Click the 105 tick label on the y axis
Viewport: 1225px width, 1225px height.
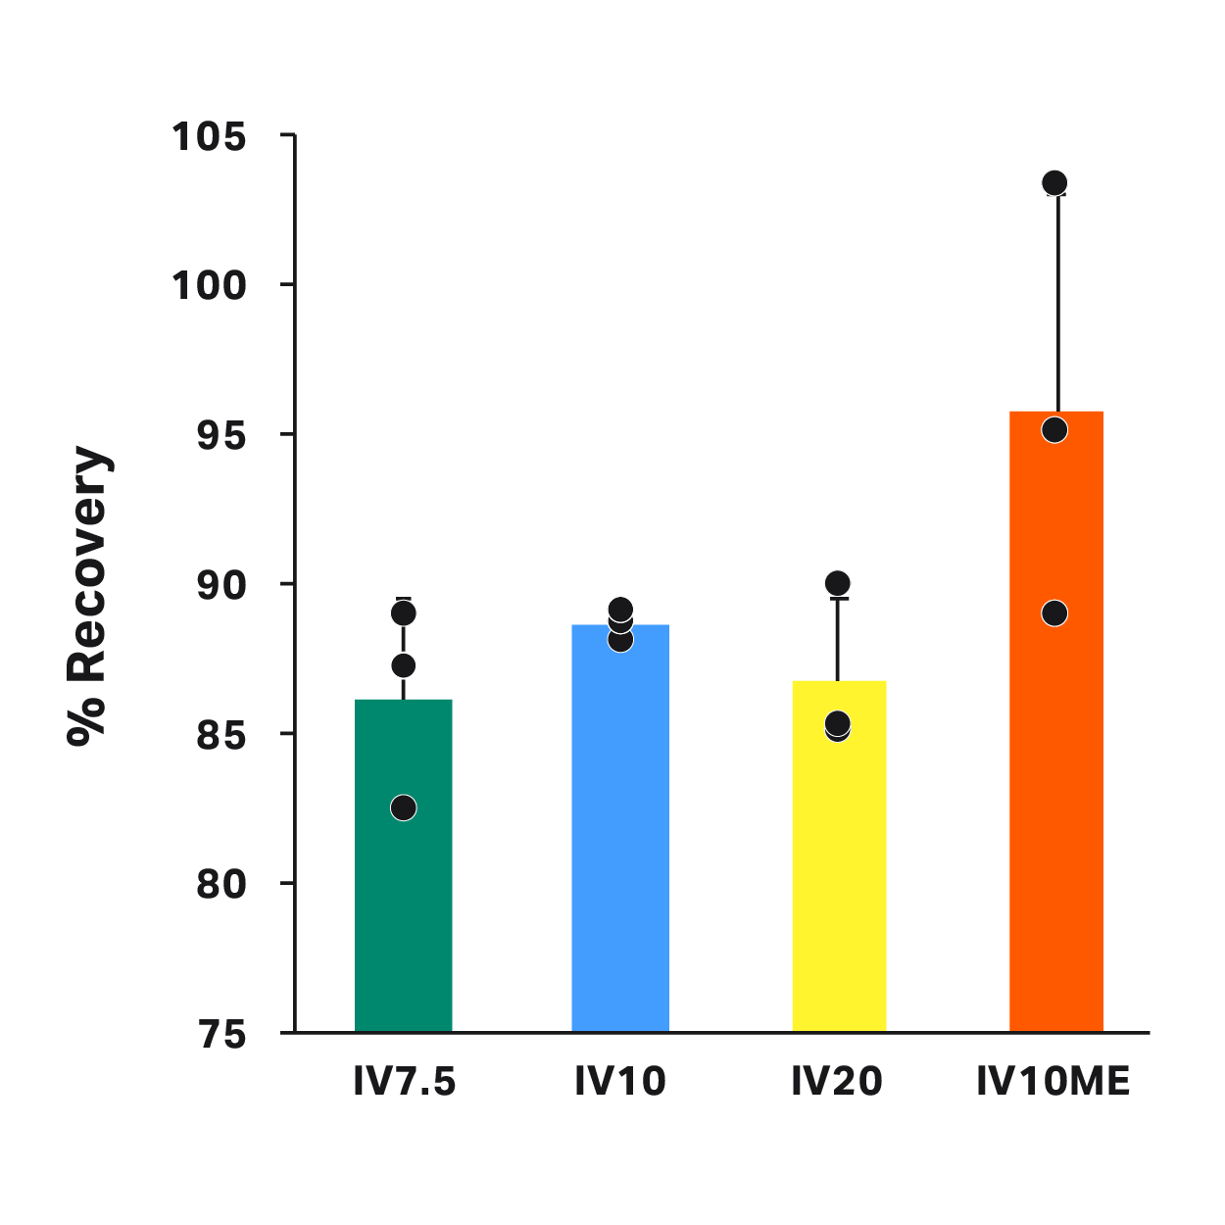[x=209, y=137]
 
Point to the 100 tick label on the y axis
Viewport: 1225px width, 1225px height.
[x=209, y=286]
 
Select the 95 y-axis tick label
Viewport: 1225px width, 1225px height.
[x=220, y=436]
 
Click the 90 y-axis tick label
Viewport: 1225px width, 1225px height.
[x=220, y=586]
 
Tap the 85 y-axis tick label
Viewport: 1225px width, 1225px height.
[x=220, y=735]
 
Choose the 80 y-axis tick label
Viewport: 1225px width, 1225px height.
[x=220, y=885]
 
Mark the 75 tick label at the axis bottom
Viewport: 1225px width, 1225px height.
[x=220, y=1034]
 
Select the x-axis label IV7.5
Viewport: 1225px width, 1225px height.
[x=405, y=1082]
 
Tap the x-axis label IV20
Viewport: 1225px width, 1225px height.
[x=837, y=1082]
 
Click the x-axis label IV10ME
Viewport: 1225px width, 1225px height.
[x=1053, y=1082]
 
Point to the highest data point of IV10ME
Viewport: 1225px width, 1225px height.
[x=1054, y=183]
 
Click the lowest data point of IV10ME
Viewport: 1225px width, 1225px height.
[x=1054, y=613]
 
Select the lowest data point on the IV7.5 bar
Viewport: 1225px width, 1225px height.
[x=404, y=808]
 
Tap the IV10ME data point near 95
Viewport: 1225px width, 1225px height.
[x=1054, y=430]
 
